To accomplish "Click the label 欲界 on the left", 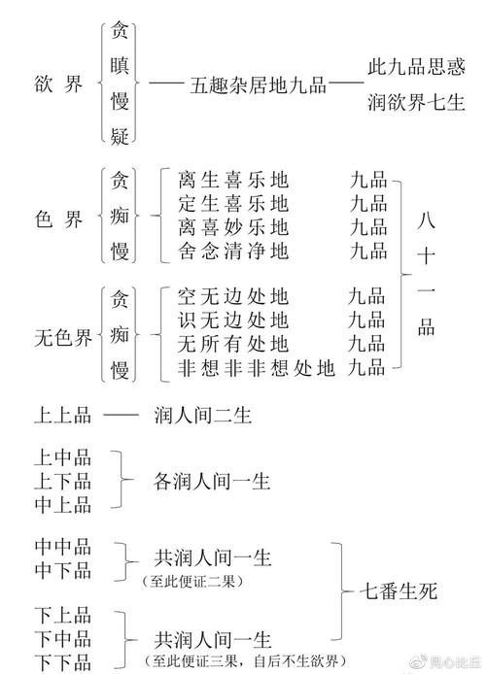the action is pyautogui.click(x=58, y=83).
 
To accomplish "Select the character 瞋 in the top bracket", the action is pyautogui.click(x=120, y=66).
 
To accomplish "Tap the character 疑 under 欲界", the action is pyautogui.click(x=120, y=136).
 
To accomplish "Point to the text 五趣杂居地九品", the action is pyautogui.click(x=258, y=85).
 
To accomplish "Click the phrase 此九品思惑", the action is pyautogui.click(x=416, y=67).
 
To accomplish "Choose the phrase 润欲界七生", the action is pyautogui.click(x=416, y=102).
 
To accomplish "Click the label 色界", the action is pyautogui.click(x=58, y=219).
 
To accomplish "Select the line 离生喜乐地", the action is pyautogui.click(x=233, y=180).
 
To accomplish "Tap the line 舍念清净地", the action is pyautogui.click(x=233, y=251).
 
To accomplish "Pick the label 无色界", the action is pyautogui.click(x=63, y=337).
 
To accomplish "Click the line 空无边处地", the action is pyautogui.click(x=233, y=296).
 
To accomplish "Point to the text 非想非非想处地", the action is pyautogui.click(x=257, y=368).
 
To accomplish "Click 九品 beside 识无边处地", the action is pyautogui.click(x=366, y=320).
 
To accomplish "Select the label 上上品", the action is pyautogui.click(x=63, y=416).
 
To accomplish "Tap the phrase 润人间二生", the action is pyautogui.click(x=202, y=416).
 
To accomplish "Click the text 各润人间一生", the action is pyautogui.click(x=212, y=482).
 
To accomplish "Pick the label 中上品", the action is pyautogui.click(x=63, y=505).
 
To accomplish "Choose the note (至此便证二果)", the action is pyautogui.click(x=192, y=582).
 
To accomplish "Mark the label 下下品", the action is pyautogui.click(x=63, y=662).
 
